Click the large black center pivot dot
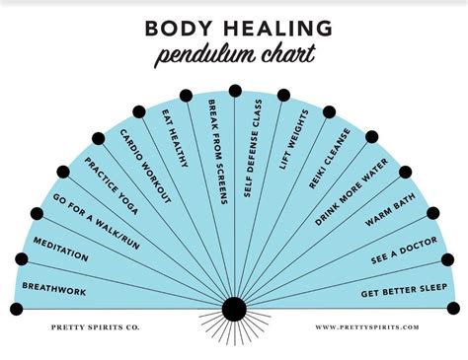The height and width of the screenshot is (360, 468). (234, 310)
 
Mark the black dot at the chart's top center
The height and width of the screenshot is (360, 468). (235, 91)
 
